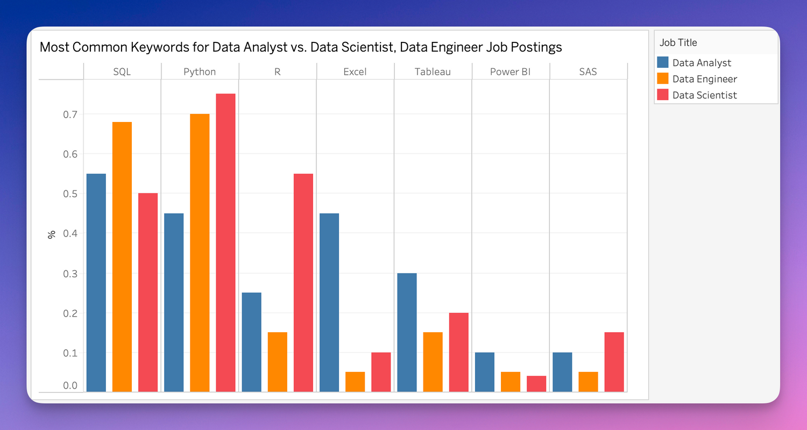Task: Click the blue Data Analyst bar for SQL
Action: click(96, 283)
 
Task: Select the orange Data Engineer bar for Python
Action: click(200, 253)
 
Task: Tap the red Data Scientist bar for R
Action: click(303, 283)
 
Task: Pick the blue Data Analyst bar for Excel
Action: click(329, 303)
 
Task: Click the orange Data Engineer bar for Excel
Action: click(355, 382)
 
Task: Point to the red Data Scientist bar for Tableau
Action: click(458, 352)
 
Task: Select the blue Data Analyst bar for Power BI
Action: click(484, 372)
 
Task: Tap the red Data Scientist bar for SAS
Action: click(614, 362)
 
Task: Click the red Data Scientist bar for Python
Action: click(225, 243)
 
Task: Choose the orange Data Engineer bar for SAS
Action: click(588, 382)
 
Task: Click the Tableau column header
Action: click(433, 71)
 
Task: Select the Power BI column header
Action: click(510, 71)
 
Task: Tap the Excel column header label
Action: click(355, 71)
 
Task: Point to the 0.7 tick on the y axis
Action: click(70, 114)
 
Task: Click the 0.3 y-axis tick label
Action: click(70, 274)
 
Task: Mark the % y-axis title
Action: click(52, 234)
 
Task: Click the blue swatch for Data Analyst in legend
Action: click(663, 63)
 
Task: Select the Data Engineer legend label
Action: click(704, 79)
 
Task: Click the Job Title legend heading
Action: click(678, 42)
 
